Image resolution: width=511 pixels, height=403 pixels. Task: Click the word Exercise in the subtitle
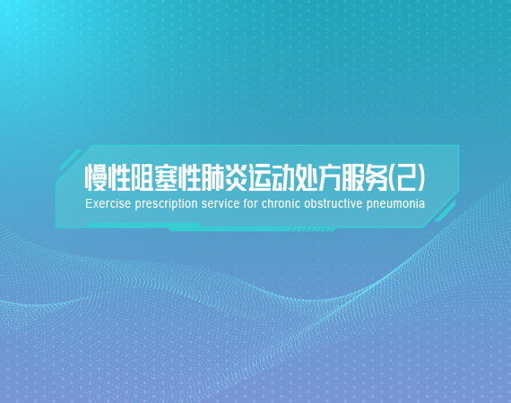click(x=108, y=204)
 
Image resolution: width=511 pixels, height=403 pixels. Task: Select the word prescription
click(x=166, y=204)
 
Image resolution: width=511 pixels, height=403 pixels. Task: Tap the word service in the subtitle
click(x=221, y=204)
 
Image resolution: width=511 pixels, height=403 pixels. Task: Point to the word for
click(x=251, y=204)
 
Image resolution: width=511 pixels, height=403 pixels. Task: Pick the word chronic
click(x=281, y=204)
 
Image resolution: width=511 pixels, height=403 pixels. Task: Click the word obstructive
click(x=333, y=204)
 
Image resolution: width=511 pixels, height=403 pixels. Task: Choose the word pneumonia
click(x=395, y=204)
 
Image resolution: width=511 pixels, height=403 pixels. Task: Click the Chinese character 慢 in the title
click(x=96, y=177)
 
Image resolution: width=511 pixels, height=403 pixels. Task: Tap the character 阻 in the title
click(x=142, y=177)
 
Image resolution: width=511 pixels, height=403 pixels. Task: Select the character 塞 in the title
click(x=165, y=177)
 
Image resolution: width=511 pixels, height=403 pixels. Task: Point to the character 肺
click(x=212, y=177)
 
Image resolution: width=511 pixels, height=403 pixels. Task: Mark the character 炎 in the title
click(x=236, y=177)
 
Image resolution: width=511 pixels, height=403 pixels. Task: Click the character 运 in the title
click(x=259, y=177)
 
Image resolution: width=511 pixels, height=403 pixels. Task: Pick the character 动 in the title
click(x=282, y=177)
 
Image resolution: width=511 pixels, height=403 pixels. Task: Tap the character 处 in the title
click(x=306, y=177)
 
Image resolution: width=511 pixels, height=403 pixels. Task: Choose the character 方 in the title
click(x=330, y=177)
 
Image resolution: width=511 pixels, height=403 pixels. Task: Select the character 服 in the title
click(x=353, y=177)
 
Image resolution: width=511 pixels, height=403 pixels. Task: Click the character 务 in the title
click(x=377, y=177)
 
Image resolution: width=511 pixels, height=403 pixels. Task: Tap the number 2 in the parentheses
click(x=407, y=177)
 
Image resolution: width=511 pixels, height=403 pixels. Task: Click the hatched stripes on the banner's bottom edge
click(x=312, y=230)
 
